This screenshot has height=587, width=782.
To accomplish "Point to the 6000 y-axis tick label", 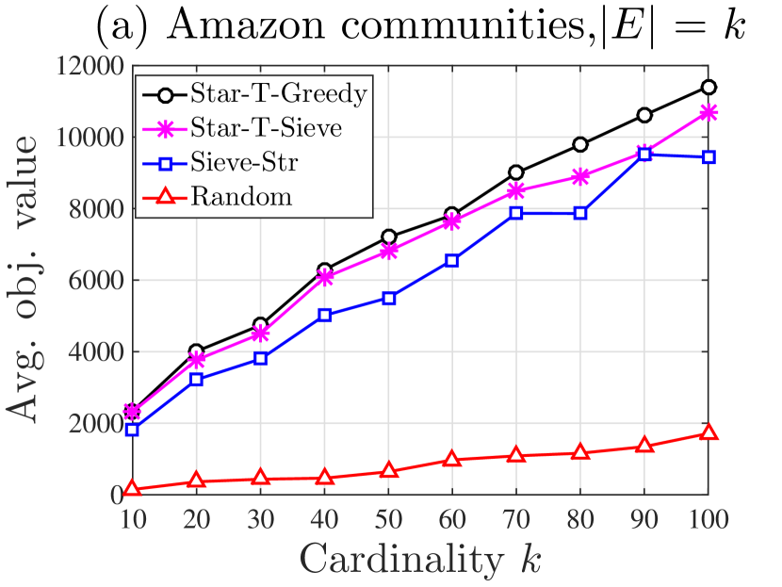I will (x=92, y=281).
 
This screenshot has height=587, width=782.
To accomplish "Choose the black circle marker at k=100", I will (x=709, y=88).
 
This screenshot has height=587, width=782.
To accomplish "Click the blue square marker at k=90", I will (x=644, y=155).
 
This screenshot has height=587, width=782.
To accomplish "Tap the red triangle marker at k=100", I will (x=709, y=432).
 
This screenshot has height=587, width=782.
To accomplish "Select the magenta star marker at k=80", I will (x=580, y=176).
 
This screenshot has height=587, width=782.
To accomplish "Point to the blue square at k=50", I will (x=388, y=298).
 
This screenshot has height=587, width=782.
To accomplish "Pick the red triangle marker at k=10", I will (x=132, y=489).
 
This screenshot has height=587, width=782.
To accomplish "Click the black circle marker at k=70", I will (x=516, y=172).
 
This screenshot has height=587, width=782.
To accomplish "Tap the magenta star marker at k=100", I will (x=709, y=112).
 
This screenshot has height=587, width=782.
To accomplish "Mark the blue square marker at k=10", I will (x=132, y=430).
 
